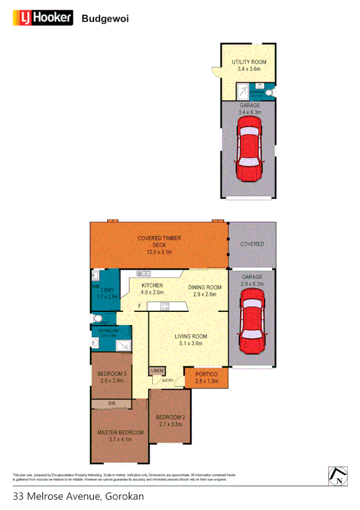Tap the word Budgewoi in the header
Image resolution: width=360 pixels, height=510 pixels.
click(105, 19)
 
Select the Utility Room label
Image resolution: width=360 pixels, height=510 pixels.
click(249, 66)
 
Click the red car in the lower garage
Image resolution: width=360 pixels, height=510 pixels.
click(252, 322)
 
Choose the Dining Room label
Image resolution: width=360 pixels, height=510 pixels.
click(205, 291)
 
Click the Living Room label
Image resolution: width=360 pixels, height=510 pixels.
click(191, 340)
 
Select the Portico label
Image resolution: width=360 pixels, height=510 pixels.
click(206, 378)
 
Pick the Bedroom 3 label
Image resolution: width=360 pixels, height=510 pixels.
click(111, 378)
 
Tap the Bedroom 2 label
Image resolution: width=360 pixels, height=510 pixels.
click(170, 421)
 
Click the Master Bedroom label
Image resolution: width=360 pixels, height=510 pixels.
click(120, 436)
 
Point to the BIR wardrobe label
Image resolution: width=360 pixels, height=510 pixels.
click(112, 403)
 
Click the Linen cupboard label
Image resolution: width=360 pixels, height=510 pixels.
click(157, 371)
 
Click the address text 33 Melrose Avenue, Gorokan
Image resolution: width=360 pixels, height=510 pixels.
click(78, 497)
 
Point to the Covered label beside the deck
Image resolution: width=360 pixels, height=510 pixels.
click(252, 244)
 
